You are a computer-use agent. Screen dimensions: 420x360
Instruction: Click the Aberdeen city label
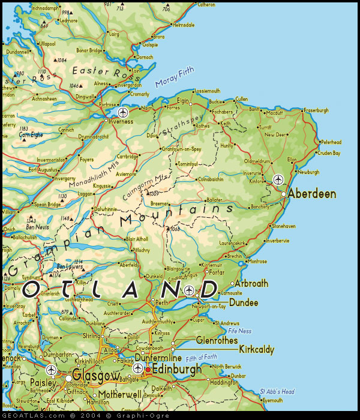[311, 194]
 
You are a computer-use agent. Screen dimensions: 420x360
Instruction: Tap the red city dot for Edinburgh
[148, 369]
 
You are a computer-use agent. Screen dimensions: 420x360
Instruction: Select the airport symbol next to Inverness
[124, 112]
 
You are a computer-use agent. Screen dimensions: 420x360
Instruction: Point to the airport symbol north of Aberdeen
[278, 179]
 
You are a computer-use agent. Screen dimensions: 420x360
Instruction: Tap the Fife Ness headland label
[240, 331]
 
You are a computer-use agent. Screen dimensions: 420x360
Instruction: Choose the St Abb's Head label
[277, 392]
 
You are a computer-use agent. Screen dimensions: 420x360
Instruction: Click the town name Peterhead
[331, 142]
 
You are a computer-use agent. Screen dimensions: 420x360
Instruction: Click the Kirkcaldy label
[257, 349]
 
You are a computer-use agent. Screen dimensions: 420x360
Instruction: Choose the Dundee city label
[244, 303]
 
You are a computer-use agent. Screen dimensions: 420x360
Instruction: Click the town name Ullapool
[31, 44]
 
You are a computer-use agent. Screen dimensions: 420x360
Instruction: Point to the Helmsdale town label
[183, 25]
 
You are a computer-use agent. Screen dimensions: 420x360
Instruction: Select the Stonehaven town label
[284, 226]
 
